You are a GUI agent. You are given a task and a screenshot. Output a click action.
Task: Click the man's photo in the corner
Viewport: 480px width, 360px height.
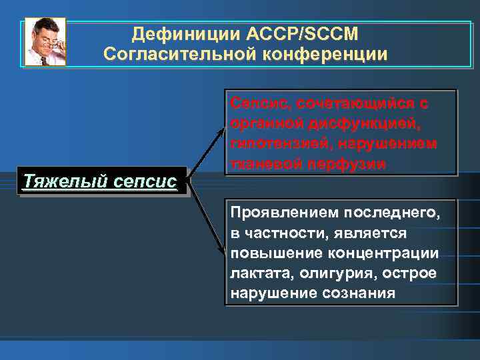45,41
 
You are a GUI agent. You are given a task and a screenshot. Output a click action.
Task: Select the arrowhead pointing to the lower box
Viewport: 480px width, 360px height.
221,251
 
